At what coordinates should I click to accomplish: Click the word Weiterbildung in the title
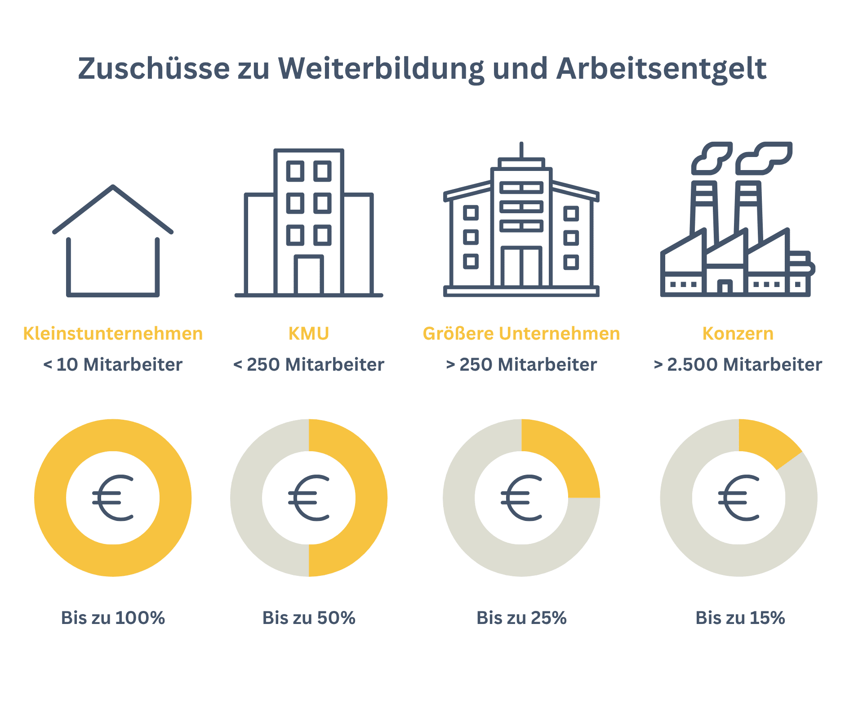(381, 69)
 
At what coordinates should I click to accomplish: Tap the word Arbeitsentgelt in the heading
(661, 69)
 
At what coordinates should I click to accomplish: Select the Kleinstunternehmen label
(113, 334)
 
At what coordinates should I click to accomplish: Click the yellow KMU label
(309, 334)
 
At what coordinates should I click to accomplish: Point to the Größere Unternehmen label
(521, 334)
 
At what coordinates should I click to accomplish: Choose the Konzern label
(738, 334)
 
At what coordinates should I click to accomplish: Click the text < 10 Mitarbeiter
(113, 364)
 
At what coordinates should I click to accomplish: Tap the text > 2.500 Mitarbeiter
(738, 364)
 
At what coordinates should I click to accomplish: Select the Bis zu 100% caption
(113, 618)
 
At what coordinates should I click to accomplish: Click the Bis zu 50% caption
(309, 618)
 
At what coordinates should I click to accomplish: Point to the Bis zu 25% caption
(521, 618)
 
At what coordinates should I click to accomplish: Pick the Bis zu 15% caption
(740, 618)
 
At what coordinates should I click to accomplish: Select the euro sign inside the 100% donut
(113, 498)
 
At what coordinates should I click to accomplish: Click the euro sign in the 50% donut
(309, 498)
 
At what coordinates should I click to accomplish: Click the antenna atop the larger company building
(521, 149)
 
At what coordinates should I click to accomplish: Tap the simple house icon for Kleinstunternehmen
(113, 243)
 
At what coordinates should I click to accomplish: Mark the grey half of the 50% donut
(246, 498)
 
